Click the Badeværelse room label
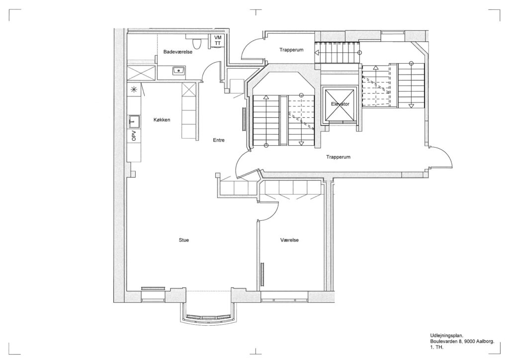[177, 52]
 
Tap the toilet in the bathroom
[196, 43]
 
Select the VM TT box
[218, 40]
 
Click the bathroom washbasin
[178, 70]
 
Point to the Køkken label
[162, 120]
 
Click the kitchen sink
[134, 121]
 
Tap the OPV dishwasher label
[134, 136]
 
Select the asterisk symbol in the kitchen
[133, 90]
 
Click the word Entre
[219, 140]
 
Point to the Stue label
[184, 240]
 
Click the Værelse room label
[289, 240]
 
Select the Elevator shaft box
[340, 104]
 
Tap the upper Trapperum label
[291, 50]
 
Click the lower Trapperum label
[338, 157]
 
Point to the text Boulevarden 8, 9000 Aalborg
[462, 342]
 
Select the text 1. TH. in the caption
[436, 348]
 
